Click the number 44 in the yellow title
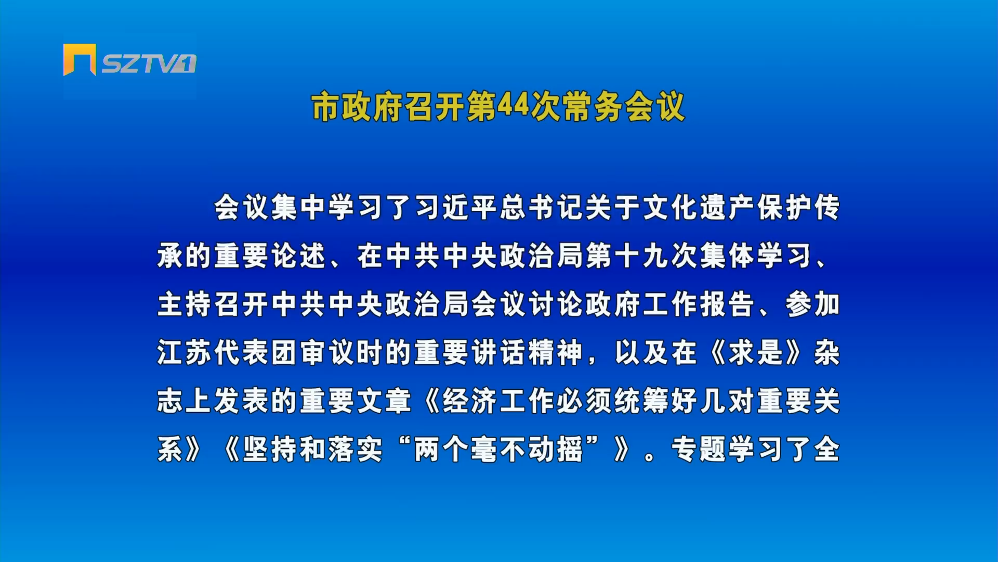click(514, 107)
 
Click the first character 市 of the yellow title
click(326, 107)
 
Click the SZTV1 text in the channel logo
click(149, 63)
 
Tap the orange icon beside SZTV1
click(80, 59)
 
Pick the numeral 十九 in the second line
click(642, 256)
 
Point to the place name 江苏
click(186, 352)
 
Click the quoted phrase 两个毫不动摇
click(499, 449)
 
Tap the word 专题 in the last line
click(699, 449)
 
